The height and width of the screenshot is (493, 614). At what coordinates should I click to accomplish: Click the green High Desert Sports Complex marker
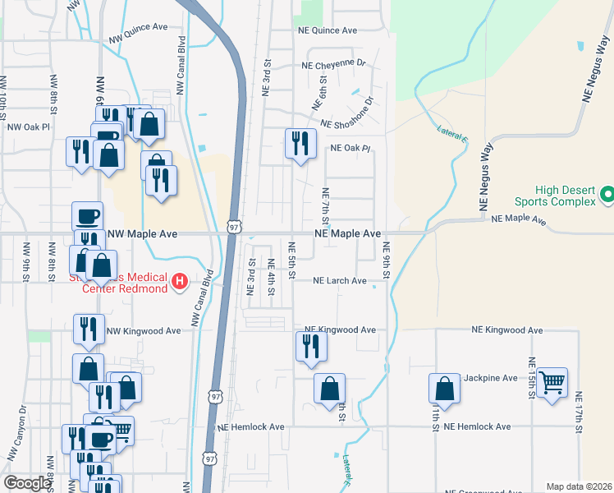pyautogui.click(x=607, y=195)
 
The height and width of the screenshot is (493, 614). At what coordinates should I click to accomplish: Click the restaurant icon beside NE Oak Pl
pyautogui.click(x=300, y=142)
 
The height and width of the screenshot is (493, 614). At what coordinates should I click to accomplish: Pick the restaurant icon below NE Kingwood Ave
pyautogui.click(x=311, y=345)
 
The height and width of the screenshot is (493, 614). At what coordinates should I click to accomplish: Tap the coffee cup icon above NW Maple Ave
pyautogui.click(x=88, y=216)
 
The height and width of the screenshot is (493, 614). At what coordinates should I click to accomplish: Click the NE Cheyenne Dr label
pyautogui.click(x=332, y=63)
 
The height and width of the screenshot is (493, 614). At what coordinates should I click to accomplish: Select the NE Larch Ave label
pyautogui.click(x=341, y=281)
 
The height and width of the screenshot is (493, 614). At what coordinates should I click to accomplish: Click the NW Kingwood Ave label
pyautogui.click(x=144, y=331)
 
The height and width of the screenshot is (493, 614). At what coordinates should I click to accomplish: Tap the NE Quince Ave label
pyautogui.click(x=328, y=30)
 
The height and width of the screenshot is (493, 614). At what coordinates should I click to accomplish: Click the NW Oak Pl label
pyautogui.click(x=29, y=127)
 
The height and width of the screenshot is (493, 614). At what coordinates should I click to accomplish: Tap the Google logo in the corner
pyautogui.click(x=27, y=483)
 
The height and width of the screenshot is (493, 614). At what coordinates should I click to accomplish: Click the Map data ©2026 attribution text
pyautogui.click(x=578, y=486)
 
